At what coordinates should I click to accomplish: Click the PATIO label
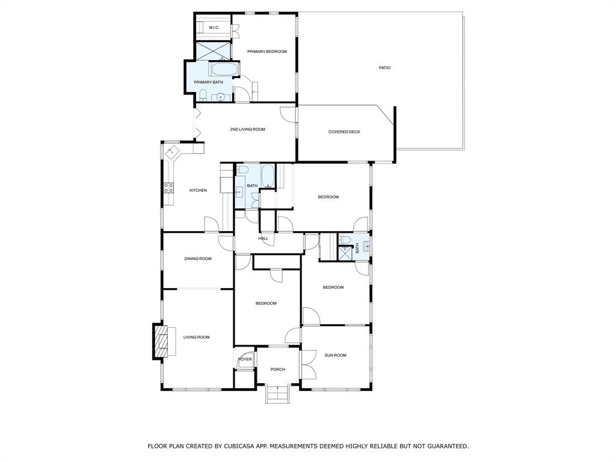pos(384,68)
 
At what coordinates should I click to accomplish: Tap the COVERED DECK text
pos(344,132)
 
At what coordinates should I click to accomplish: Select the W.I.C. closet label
pos(214,28)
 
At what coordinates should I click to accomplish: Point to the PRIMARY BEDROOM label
pos(266,52)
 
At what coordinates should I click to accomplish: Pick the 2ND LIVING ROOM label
pos(247,129)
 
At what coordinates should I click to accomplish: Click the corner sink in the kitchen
pos(172,151)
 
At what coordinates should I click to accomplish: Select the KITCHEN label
pos(198,191)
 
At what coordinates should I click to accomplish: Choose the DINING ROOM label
pos(198,259)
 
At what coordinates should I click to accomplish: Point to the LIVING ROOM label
pos(197,337)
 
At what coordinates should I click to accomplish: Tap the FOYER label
pos(245,359)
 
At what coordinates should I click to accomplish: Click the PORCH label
pos(277,369)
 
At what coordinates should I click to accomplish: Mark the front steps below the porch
pos(277,394)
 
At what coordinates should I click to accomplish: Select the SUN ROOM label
pos(336,356)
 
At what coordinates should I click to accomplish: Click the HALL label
pos(263,239)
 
